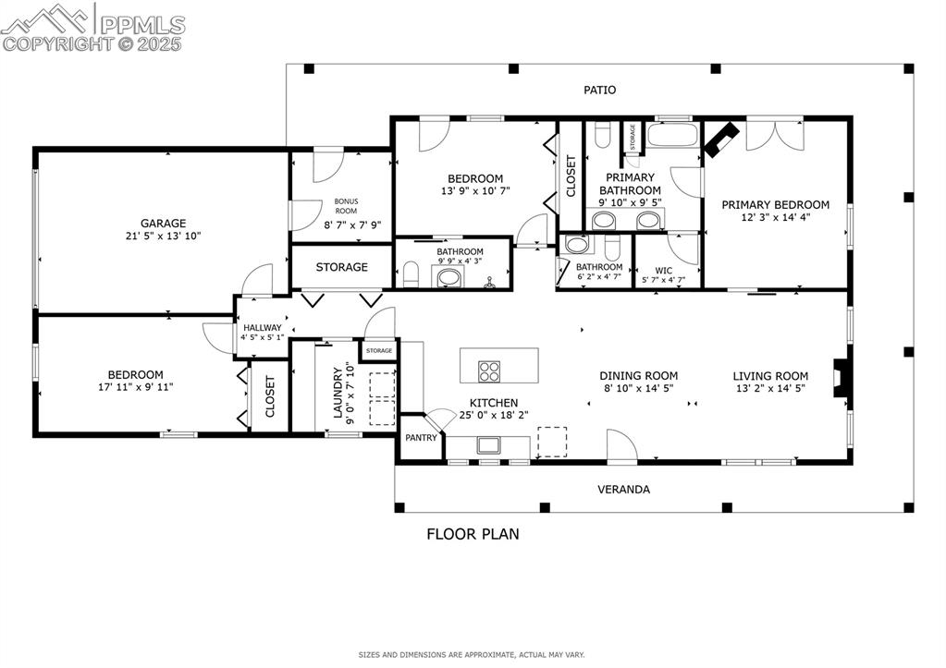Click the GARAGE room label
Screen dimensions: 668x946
[164, 223]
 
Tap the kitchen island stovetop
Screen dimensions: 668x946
[489, 371]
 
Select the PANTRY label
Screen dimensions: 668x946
[421, 438]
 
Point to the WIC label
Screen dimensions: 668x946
[664, 272]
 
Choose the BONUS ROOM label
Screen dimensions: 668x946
[346, 206]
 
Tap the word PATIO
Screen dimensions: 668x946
[599, 90]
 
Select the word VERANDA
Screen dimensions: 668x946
[623, 489]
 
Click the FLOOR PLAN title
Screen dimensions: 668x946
[473, 533]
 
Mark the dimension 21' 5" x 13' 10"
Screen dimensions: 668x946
[164, 236]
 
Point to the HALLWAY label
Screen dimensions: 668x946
[262, 328]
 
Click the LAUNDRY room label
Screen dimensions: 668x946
[338, 391]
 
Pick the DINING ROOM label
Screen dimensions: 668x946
[638, 376]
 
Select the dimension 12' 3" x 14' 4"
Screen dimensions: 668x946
[775, 218]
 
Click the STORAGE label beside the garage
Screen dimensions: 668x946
[341, 267]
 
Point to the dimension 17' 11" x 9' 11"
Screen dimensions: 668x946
[136, 387]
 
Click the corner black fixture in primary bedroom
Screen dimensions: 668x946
[721, 140]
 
